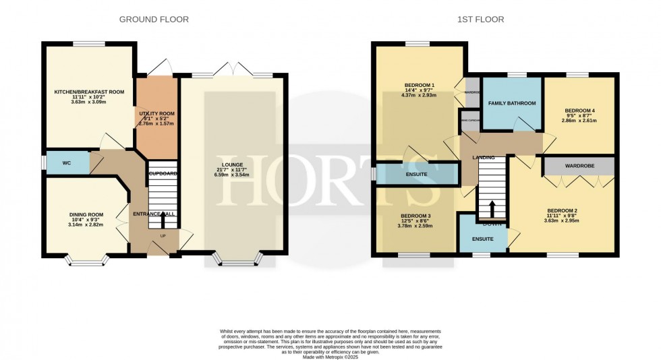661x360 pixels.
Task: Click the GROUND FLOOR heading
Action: coord(154,20)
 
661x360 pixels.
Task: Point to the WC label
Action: coord(67,162)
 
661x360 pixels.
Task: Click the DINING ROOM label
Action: coord(85,214)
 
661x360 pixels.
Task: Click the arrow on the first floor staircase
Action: coord(492,207)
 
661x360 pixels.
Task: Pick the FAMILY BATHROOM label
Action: coord(513,103)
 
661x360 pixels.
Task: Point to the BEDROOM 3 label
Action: coord(415,216)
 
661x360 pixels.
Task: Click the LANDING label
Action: coord(484,157)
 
